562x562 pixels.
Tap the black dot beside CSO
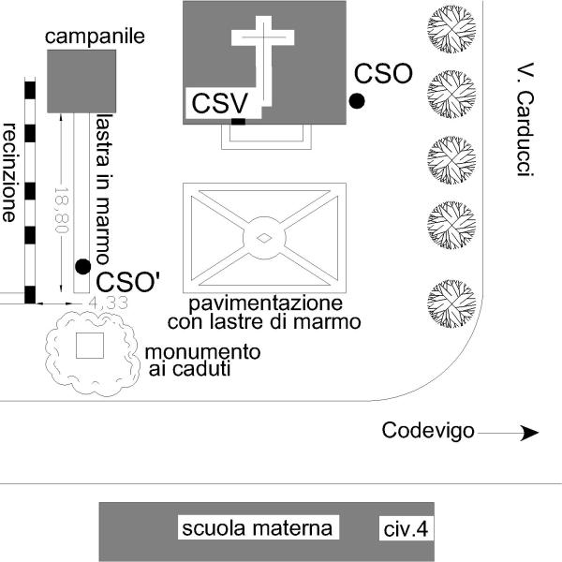[x=356, y=101]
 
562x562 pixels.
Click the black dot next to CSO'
[x=83, y=267]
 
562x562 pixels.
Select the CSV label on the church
[x=220, y=103]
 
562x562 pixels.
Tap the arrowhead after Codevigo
[x=530, y=433]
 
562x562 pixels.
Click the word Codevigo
[x=427, y=431]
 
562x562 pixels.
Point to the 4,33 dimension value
[x=106, y=304]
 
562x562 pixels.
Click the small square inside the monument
[x=89, y=345]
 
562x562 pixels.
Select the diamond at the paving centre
[x=265, y=238]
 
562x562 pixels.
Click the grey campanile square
[x=81, y=81]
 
